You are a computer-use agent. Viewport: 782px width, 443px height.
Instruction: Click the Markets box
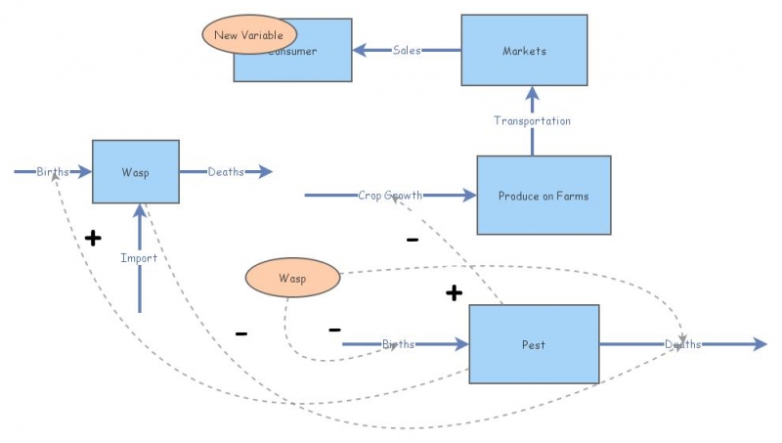click(524, 50)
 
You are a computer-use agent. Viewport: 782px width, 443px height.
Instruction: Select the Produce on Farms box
click(543, 196)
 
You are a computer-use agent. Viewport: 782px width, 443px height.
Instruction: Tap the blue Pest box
click(534, 344)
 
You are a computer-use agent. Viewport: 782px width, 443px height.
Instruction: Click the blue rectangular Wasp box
click(135, 172)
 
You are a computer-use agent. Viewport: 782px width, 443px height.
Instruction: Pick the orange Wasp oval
click(292, 279)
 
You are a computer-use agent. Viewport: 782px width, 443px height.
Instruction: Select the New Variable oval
click(248, 35)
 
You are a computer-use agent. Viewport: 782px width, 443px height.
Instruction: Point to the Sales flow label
click(407, 50)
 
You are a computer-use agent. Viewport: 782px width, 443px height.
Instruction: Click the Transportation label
click(532, 120)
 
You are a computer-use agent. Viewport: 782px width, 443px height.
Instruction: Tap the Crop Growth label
click(390, 196)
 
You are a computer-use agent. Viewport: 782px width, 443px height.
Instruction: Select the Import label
click(139, 258)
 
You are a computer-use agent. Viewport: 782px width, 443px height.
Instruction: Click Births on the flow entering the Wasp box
click(54, 172)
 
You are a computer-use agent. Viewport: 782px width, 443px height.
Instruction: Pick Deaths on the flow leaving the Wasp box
click(226, 172)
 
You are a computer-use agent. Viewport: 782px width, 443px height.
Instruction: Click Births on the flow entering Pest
click(399, 344)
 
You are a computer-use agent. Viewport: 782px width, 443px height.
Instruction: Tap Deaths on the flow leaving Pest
click(682, 344)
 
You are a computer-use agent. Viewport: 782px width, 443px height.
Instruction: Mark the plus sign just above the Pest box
click(454, 293)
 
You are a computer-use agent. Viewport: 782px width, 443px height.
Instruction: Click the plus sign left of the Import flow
click(93, 238)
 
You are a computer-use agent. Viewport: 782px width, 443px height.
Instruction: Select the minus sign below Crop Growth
click(413, 240)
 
